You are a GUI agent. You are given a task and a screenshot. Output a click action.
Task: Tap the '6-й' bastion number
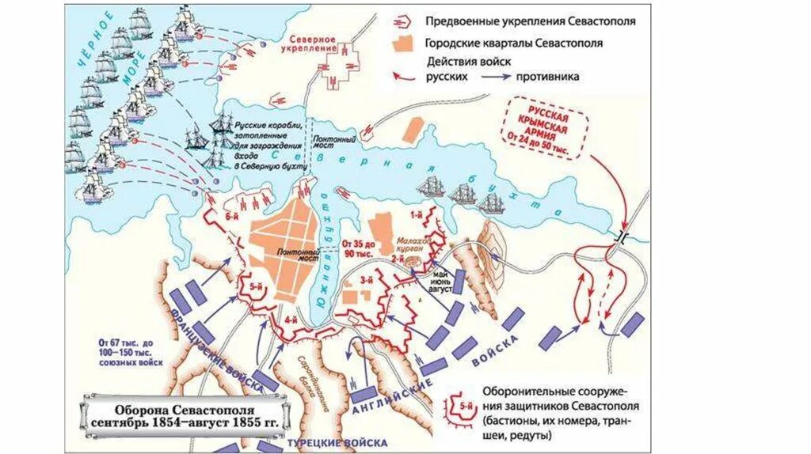click(232, 216)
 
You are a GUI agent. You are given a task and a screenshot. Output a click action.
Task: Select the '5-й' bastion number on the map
click(256, 286)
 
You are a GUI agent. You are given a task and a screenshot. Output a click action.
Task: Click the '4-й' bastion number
click(291, 320)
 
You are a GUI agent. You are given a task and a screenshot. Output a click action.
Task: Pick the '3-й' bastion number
click(366, 280)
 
